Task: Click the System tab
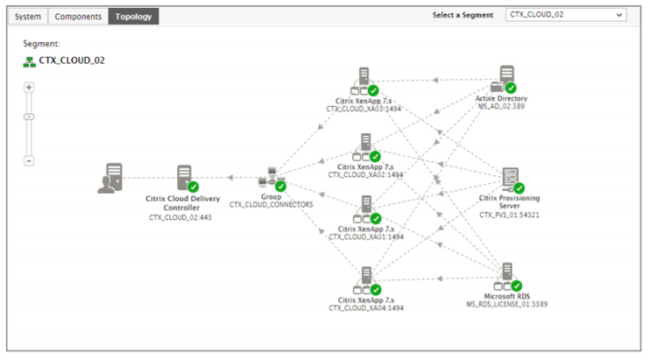(28, 17)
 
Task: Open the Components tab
(78, 17)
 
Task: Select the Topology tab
(133, 17)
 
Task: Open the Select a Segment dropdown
(566, 15)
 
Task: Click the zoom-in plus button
(29, 88)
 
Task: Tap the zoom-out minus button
(29, 161)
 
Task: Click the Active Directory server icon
(504, 79)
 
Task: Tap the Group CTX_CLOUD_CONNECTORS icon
(272, 180)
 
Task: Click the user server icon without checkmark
(110, 178)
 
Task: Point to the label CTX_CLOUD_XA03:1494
(364, 109)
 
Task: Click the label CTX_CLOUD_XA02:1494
(365, 175)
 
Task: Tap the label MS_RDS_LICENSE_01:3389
(507, 304)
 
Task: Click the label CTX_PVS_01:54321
(509, 215)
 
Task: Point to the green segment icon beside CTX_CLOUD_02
(29, 62)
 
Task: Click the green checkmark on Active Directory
(511, 88)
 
